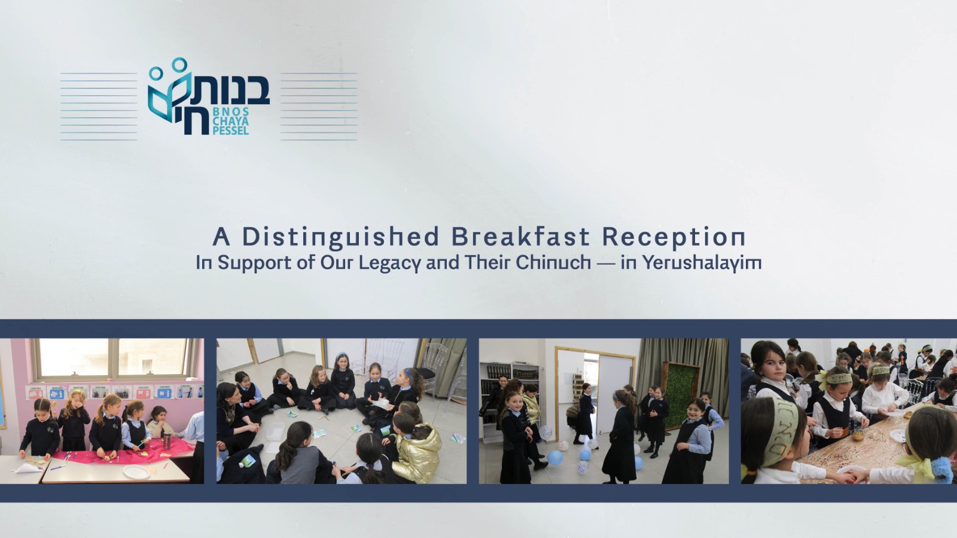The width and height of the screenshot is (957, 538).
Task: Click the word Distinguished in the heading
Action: (340, 237)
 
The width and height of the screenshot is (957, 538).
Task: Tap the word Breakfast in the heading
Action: (520, 236)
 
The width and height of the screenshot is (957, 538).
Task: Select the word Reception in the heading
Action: (673, 237)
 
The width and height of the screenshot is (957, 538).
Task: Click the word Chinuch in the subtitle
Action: (553, 262)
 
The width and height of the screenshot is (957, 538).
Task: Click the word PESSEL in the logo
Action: (230, 130)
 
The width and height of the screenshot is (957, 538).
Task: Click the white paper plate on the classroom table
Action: (136, 471)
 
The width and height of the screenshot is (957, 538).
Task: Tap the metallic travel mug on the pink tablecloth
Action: (167, 440)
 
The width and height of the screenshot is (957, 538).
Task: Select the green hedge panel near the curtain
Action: (680, 395)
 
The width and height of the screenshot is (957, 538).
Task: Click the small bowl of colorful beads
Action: (857, 434)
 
